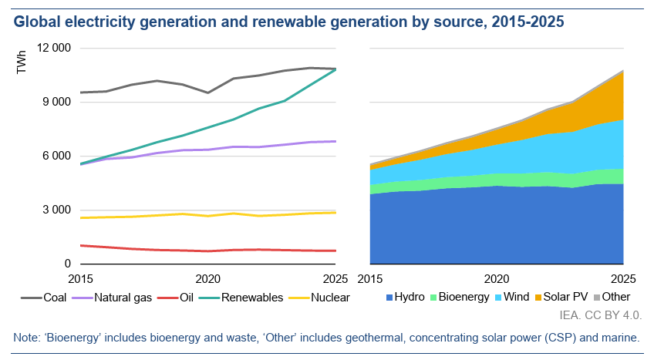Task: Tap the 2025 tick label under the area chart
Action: tap(622, 278)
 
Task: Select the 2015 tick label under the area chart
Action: tap(370, 278)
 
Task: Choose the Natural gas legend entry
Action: tap(116, 297)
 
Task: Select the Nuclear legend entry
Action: tap(319, 297)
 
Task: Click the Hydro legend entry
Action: tap(404, 297)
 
